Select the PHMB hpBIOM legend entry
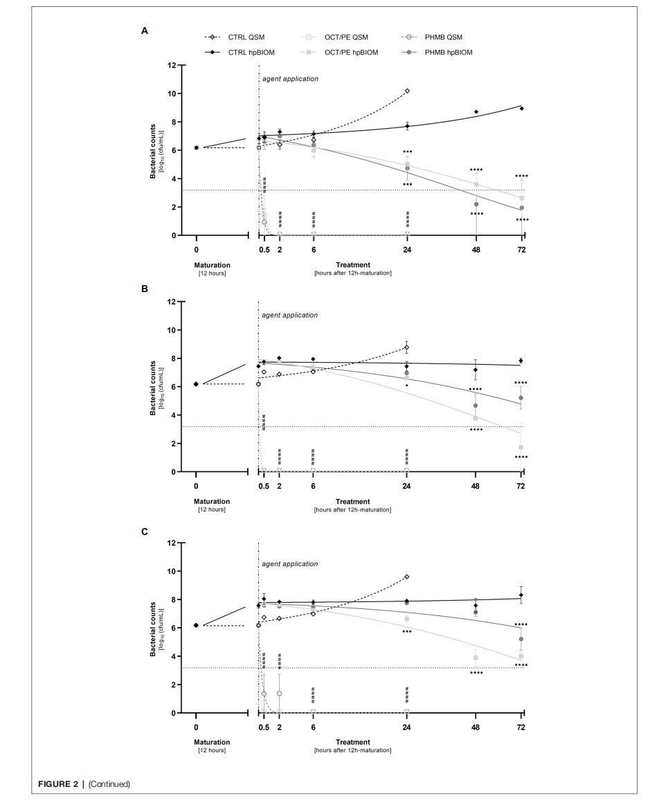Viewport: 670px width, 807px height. [x=437, y=53]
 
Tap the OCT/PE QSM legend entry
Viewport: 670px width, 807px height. [x=335, y=37]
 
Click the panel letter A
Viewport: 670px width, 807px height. [x=145, y=31]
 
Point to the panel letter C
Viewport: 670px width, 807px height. [x=145, y=532]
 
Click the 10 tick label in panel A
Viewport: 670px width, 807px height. [x=172, y=93]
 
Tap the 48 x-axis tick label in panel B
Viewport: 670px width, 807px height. [x=476, y=486]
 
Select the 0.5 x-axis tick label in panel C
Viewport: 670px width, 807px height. [x=264, y=727]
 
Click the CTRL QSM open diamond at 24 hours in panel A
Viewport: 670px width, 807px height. [x=408, y=91]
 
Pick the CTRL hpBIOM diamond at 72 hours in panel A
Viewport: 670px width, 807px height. [x=522, y=109]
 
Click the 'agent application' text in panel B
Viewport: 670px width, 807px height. [x=290, y=315]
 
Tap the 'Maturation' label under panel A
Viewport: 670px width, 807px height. [x=212, y=265]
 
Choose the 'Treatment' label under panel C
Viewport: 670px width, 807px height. [x=353, y=742]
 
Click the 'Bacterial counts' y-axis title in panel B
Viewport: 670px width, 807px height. [x=153, y=388]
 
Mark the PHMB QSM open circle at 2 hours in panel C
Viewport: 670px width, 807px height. [x=280, y=693]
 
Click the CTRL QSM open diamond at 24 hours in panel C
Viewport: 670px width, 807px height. [x=406, y=577]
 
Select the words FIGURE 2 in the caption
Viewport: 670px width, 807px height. [x=58, y=784]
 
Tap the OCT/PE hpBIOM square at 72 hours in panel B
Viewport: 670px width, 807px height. [x=520, y=447]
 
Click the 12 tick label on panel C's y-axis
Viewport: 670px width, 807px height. [x=172, y=543]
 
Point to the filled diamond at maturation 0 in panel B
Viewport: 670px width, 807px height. [x=196, y=384]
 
